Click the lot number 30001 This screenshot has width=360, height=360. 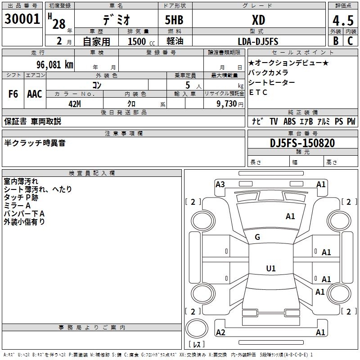tap(22, 19)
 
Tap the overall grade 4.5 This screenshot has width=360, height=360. tap(342, 21)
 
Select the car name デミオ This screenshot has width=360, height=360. tap(116, 20)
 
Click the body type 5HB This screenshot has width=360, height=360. tap(174, 20)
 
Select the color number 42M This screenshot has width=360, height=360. tap(74, 103)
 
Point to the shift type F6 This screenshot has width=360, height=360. tap(13, 94)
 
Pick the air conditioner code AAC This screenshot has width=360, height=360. tap(34, 94)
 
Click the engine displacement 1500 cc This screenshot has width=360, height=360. tap(140, 41)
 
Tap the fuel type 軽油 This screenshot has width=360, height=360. tap(174, 41)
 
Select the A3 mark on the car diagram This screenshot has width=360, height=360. tap(220, 184)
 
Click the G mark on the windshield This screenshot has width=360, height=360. tap(257, 237)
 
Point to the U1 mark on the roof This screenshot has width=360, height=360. tap(270, 269)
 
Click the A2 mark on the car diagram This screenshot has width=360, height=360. tap(220, 332)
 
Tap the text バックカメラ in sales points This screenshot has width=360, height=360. tap(268, 72)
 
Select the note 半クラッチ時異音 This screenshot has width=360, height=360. tap(35, 143)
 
